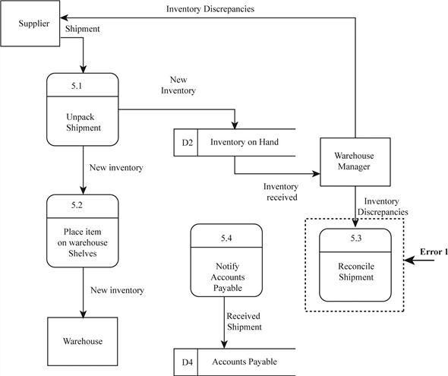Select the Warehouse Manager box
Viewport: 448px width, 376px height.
355,161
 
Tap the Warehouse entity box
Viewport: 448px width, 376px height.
82,341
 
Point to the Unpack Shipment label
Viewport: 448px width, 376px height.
82,122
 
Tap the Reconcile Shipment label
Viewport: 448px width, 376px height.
357,271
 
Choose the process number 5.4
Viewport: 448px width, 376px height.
226,239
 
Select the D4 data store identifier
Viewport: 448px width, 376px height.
186,362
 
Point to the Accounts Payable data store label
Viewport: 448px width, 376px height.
244,362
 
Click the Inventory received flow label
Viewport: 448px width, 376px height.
280,191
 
